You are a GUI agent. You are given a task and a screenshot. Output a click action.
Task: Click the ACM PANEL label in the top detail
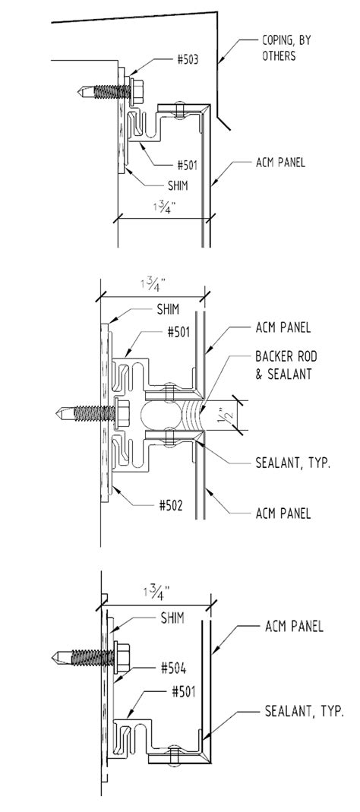[x=281, y=163]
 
